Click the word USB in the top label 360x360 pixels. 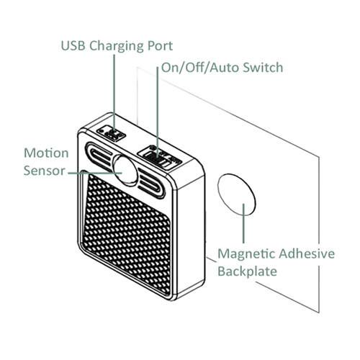coord(73,45)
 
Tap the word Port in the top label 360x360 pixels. coord(160,45)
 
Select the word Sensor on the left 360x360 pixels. coord(45,171)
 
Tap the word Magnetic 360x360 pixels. coord(245,255)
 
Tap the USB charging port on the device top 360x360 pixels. coord(112,135)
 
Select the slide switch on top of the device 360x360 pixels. coord(161,153)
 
